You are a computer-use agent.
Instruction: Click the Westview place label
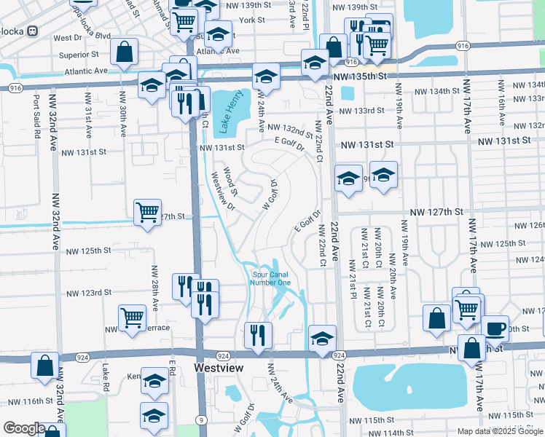(219, 369)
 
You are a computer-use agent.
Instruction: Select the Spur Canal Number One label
(271, 278)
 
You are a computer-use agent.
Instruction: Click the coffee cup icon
(495, 328)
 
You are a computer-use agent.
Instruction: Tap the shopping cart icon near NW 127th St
(148, 213)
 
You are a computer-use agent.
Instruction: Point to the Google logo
(24, 428)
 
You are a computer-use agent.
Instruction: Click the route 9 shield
(200, 419)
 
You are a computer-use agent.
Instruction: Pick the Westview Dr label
(222, 190)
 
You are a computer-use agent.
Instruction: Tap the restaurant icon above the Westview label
(258, 335)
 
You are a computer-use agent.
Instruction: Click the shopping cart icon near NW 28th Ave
(133, 318)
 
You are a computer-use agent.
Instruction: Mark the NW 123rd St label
(88, 293)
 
